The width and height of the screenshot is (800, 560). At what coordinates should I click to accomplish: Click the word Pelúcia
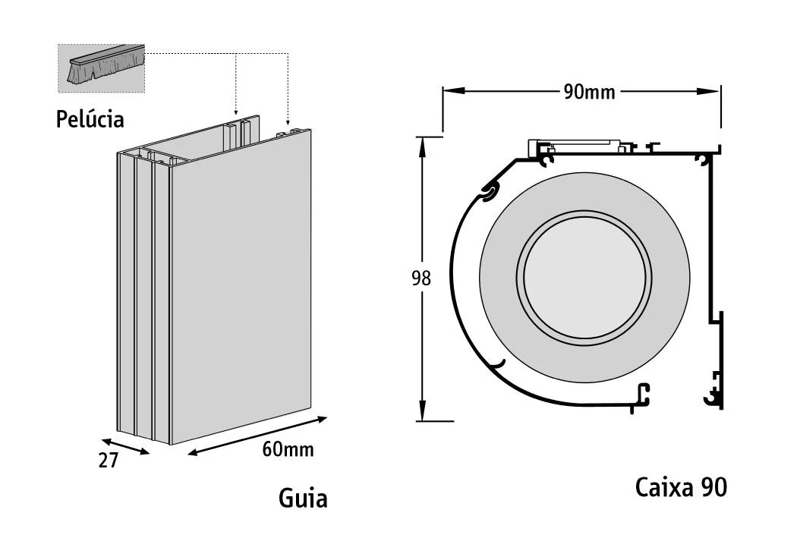tap(90, 119)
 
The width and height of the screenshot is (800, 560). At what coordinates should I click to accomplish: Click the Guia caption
tap(303, 498)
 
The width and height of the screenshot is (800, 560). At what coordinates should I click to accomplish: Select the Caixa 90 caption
tap(681, 487)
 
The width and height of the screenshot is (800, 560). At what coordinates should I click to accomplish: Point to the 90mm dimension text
tap(589, 92)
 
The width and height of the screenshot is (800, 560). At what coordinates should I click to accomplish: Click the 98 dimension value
tap(420, 278)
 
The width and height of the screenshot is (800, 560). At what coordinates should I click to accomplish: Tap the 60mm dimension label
tap(288, 449)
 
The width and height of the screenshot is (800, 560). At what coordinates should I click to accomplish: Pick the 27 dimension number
tap(109, 460)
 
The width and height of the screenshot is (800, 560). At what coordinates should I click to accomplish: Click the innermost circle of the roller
tap(584, 273)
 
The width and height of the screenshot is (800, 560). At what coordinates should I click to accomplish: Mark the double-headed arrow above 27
tap(124, 445)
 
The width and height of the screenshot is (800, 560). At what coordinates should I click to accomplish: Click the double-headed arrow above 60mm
tap(257, 436)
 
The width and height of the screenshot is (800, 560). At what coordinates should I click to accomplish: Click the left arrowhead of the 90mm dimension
tap(449, 91)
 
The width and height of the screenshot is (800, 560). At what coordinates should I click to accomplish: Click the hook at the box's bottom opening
tap(642, 395)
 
